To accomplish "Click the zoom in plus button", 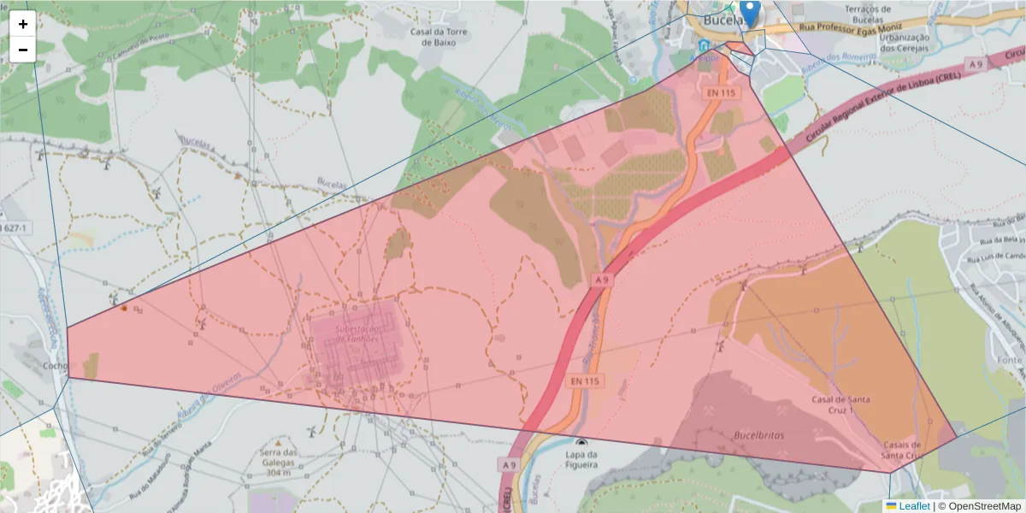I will pyautogui.click(x=23, y=24).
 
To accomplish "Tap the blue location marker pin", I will pyautogui.click(x=750, y=13).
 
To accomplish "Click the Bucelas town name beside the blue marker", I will pyautogui.click(x=721, y=20).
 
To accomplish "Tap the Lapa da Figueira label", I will pyautogui.click(x=581, y=460).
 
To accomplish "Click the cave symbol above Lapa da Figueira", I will pyautogui.click(x=582, y=443).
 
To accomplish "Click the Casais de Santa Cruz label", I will pyautogui.click(x=902, y=450).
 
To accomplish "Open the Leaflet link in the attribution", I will pyautogui.click(x=913, y=505).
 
